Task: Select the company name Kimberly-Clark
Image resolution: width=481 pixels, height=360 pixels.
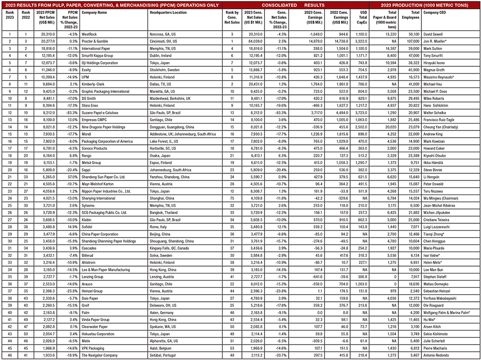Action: click(x=95, y=84)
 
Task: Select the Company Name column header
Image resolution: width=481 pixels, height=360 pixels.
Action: click(x=94, y=13)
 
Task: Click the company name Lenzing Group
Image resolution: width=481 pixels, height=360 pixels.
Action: click(x=93, y=277)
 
